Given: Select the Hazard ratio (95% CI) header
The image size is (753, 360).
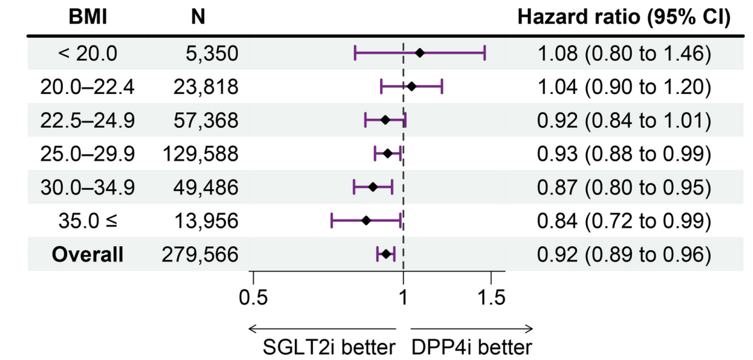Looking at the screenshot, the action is click(623, 17).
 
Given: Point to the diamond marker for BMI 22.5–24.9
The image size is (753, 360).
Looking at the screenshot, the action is click(385, 120).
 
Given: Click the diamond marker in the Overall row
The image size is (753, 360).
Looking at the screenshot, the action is click(386, 254).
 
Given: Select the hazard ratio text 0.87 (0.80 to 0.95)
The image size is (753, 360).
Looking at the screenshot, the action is click(624, 187).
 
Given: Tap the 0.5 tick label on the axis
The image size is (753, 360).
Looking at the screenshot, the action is click(253, 298).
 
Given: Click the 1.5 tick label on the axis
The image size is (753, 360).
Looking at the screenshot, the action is click(491, 298).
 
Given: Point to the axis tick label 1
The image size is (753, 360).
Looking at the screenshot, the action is click(404, 298).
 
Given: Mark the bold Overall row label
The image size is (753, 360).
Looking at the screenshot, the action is click(88, 254).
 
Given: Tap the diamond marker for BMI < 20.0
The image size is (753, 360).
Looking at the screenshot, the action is click(420, 53).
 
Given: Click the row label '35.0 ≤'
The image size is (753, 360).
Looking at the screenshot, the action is click(88, 221).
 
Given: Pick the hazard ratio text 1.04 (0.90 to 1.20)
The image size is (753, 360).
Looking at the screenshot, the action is click(624, 87).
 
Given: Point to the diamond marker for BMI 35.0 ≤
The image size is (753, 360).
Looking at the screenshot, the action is click(367, 221).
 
